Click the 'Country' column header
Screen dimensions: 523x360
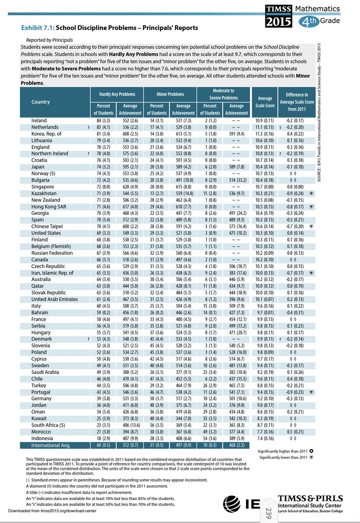(x=41, y=102)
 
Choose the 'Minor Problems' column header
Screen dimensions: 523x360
(x=170, y=94)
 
